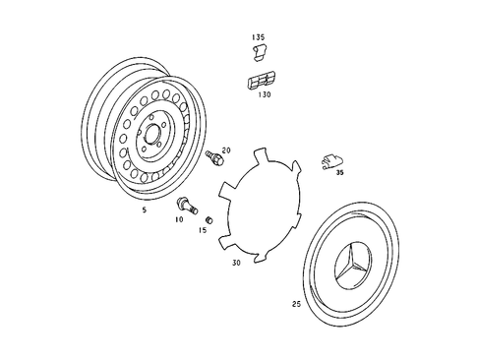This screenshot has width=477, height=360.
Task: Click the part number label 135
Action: (x=258, y=37)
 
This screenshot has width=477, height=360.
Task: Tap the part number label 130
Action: (x=264, y=96)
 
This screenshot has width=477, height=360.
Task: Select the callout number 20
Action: (x=225, y=150)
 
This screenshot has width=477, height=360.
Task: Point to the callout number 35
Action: (x=339, y=172)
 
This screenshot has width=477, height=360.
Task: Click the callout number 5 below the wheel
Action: (x=144, y=210)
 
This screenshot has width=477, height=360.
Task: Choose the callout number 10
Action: (x=179, y=220)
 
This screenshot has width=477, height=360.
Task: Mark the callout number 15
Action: (x=203, y=231)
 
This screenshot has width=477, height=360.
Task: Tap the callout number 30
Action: (x=236, y=264)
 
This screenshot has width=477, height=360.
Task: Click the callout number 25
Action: (x=296, y=304)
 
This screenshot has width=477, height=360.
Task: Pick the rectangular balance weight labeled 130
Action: (x=261, y=82)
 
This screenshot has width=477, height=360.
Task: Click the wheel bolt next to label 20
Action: (x=211, y=157)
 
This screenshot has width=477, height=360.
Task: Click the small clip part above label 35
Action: (x=331, y=159)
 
